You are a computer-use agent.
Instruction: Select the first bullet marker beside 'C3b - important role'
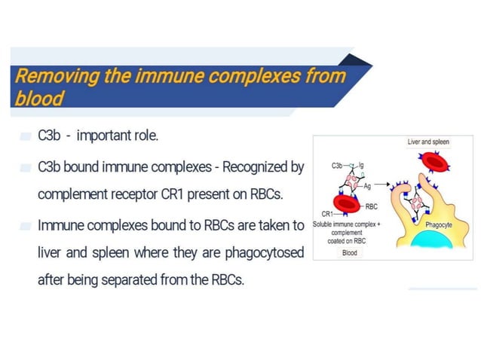tap(26, 137)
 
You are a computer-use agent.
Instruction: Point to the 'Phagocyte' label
tap(439, 224)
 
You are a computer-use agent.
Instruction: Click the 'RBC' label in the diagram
tap(371, 205)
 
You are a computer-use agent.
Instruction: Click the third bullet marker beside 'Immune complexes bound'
tap(26, 225)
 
